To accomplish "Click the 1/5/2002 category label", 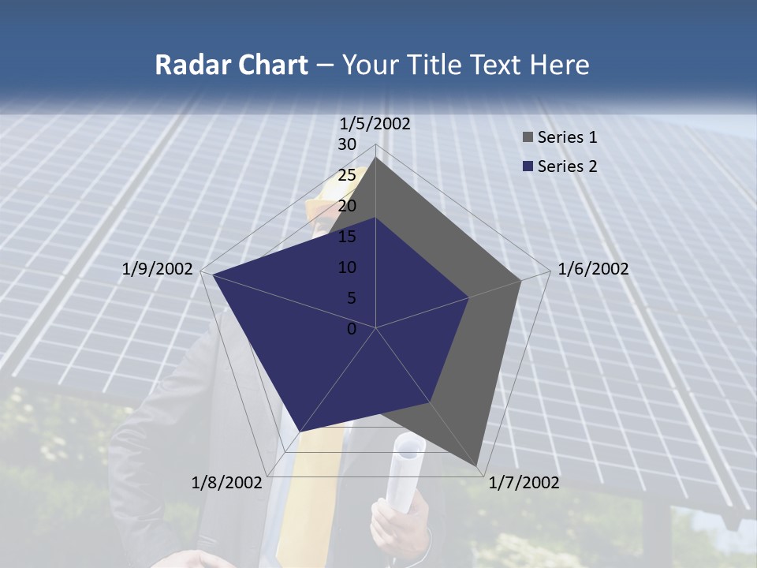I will click(375, 123).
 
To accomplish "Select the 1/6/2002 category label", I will click(593, 269).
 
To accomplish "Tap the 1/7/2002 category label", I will click(524, 483).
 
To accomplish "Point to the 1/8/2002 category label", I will click(227, 483).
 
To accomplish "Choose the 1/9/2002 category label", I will click(158, 269).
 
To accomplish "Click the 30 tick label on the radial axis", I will click(347, 144).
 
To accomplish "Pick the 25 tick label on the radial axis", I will click(347, 175).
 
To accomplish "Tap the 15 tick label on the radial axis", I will click(347, 237).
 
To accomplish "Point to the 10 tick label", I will click(347, 267).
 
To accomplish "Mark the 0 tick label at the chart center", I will click(352, 329).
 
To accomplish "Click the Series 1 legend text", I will click(567, 137).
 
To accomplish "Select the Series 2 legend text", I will click(567, 166).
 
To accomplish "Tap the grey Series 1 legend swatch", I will click(528, 137).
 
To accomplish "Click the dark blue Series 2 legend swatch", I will click(528, 166).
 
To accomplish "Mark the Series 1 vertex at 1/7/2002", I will click(477, 467).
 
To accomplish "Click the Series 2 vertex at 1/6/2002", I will click(468, 297).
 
